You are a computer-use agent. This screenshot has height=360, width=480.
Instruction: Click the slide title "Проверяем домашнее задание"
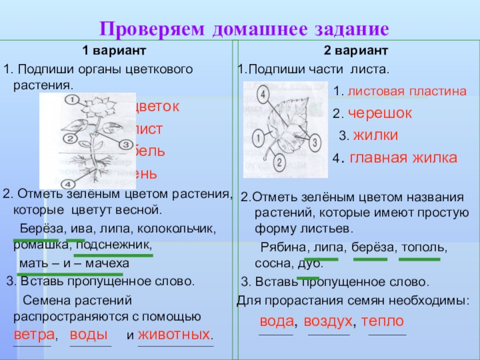(244, 29)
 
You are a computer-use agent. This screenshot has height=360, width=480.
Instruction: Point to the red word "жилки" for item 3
(376, 136)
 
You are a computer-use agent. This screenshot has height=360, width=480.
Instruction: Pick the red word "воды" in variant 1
(89, 334)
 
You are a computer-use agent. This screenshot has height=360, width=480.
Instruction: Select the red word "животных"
(175, 334)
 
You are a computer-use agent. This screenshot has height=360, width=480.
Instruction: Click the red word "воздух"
(328, 321)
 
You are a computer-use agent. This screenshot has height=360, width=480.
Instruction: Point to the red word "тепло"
(382, 321)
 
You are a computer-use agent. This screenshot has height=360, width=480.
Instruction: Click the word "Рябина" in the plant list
(282, 247)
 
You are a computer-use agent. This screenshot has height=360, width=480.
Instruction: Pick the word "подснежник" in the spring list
(122, 245)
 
